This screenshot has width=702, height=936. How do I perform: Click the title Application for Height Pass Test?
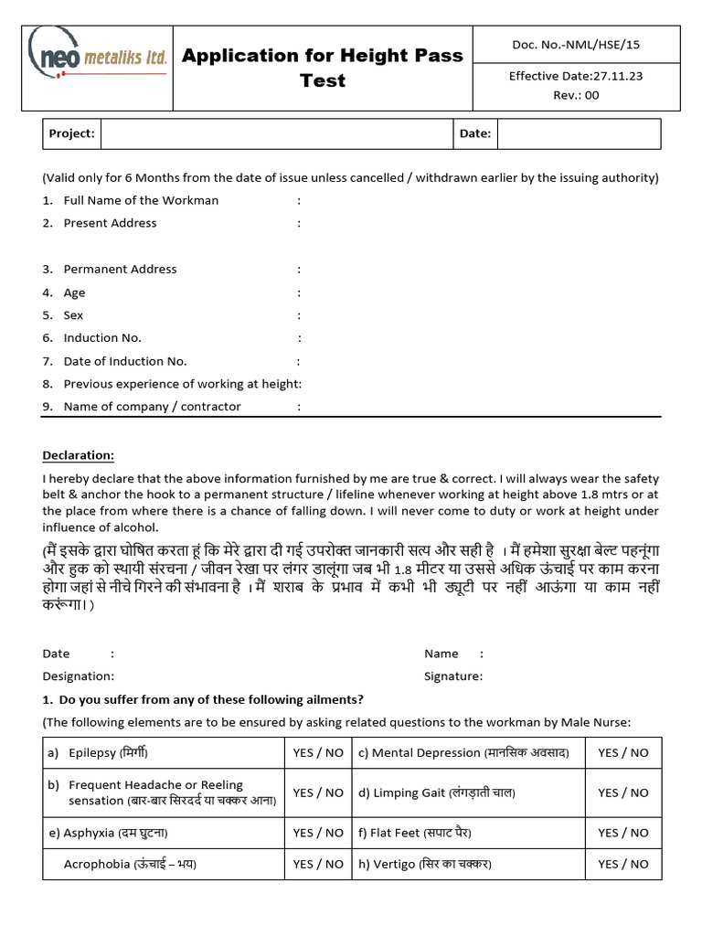click(x=323, y=68)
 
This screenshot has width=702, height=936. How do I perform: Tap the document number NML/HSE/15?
click(x=576, y=44)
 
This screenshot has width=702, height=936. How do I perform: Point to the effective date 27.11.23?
click(x=575, y=76)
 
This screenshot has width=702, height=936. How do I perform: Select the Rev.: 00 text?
click(x=576, y=95)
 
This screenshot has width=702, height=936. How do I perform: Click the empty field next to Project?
click(x=277, y=133)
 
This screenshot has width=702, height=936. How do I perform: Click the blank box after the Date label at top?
click(x=579, y=133)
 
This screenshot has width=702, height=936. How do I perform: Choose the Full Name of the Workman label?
click(x=141, y=200)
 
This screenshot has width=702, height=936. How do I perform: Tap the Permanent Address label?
click(x=120, y=269)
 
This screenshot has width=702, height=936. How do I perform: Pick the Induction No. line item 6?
click(x=102, y=338)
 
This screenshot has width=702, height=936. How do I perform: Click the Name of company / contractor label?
click(x=152, y=407)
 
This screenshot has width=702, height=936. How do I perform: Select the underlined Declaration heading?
click(x=79, y=455)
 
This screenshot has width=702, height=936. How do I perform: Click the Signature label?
click(x=452, y=676)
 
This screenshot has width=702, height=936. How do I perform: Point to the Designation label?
click(x=79, y=676)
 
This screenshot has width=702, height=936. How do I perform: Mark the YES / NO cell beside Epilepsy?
click(x=318, y=753)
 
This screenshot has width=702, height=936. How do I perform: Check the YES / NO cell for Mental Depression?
click(x=623, y=753)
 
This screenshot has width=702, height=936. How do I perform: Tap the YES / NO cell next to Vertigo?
click(x=623, y=864)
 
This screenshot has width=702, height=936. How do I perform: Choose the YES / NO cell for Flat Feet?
click(x=623, y=833)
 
